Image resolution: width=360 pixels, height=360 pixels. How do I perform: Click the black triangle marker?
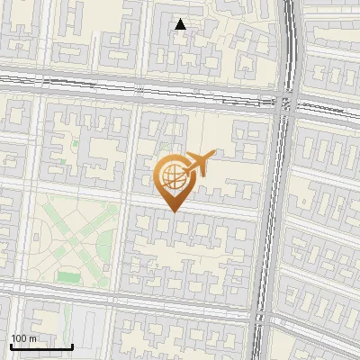click(181, 24)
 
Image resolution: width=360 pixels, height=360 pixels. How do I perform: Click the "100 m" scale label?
click(23, 337)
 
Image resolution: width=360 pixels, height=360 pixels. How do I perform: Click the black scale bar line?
click(41, 346)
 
